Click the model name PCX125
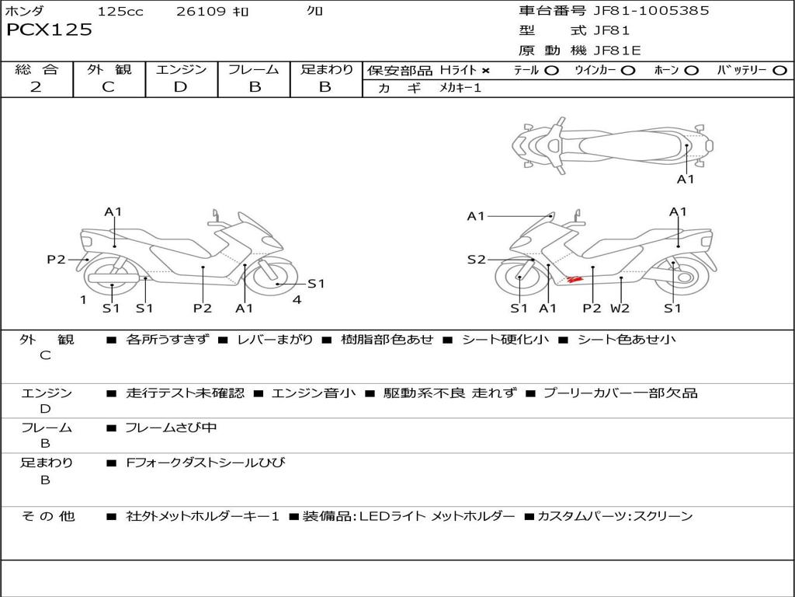tap(49, 30)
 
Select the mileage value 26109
tap(201, 12)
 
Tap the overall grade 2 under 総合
tap(36, 87)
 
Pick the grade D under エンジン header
tap(181, 87)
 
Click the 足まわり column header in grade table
tap(326, 70)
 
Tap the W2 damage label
tap(620, 309)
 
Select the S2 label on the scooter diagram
tap(476, 260)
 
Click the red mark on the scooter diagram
tap(574, 278)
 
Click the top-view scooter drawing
tap(612, 145)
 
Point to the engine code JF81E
tap(617, 51)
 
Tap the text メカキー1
tap(460, 89)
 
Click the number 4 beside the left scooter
tap(297, 299)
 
